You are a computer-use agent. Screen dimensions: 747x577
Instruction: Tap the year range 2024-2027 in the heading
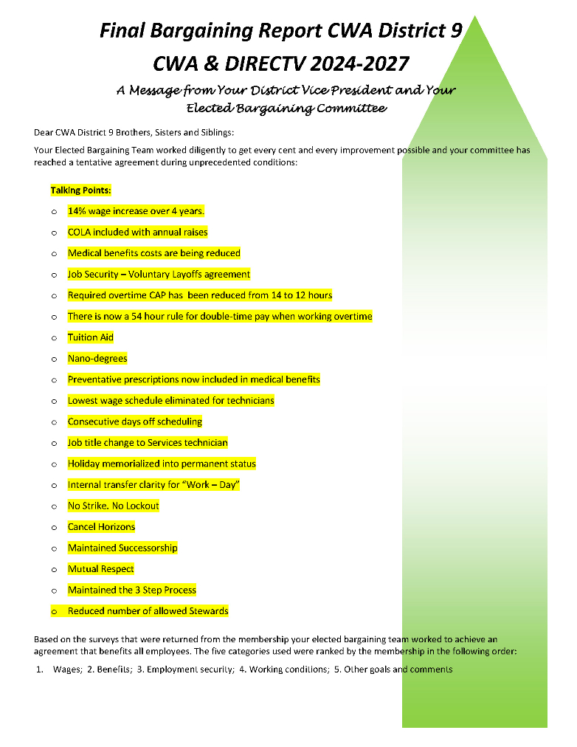point(360,64)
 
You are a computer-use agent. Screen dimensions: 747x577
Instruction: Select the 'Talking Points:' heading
point(80,190)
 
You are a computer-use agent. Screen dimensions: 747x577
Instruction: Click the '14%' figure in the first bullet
point(77,211)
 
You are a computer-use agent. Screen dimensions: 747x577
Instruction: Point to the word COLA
point(79,233)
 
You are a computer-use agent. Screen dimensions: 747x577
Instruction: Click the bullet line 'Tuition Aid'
point(91,337)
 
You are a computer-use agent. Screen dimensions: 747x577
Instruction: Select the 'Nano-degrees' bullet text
point(97,359)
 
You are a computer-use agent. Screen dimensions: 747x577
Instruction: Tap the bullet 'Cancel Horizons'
point(102,527)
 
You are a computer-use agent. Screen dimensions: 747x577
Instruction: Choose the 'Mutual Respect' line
point(101,569)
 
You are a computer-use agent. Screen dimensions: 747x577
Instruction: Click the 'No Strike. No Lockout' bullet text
point(114,506)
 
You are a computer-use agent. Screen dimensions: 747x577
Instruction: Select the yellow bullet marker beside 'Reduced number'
point(54,612)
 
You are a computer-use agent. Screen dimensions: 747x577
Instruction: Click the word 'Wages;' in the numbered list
point(67,669)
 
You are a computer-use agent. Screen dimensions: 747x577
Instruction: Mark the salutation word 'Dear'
point(44,133)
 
